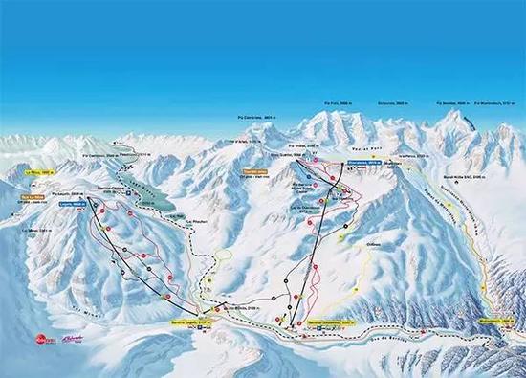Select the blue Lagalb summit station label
(x=72, y=204)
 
